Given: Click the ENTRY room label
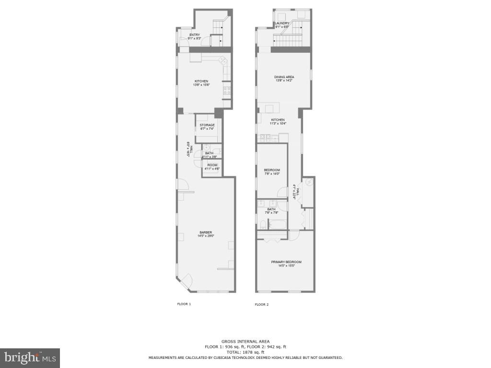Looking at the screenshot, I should click(x=194, y=34).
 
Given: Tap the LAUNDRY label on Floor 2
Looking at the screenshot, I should click(x=282, y=23).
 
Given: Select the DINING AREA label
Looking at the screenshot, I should click(x=284, y=77).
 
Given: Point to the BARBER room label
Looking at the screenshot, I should click(x=206, y=232).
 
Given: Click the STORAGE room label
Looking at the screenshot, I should click(x=207, y=125).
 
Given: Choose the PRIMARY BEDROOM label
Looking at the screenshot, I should click(x=286, y=262).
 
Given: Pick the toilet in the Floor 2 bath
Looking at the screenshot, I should click(x=263, y=224).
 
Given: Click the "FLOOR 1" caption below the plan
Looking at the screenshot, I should click(x=184, y=304).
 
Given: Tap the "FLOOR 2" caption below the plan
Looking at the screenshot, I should click(x=261, y=304).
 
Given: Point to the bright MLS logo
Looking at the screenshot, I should click(x=30, y=357).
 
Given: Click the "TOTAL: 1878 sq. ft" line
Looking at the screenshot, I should click(x=245, y=352).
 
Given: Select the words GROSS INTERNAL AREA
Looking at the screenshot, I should click(x=245, y=341).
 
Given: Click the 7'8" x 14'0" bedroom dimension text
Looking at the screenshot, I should click(x=272, y=174).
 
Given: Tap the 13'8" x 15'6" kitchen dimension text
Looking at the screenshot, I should click(x=201, y=85).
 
